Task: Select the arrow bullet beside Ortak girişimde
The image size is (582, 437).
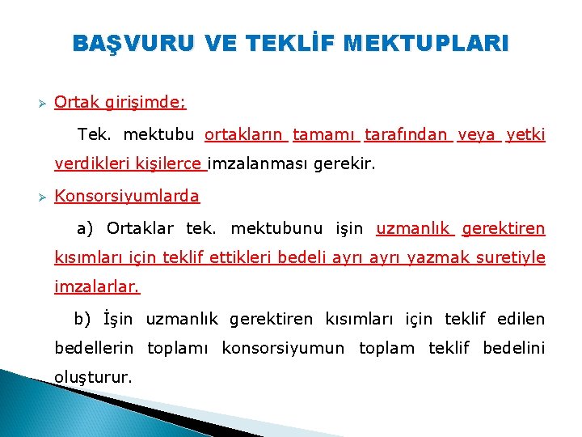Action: tap(37, 103)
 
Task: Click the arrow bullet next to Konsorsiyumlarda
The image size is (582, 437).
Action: tap(37, 197)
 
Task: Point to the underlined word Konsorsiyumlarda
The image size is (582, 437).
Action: tap(127, 196)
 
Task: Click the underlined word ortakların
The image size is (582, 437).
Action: tap(246, 134)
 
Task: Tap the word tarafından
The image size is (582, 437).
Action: tap(407, 134)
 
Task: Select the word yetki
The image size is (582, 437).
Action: tap(525, 134)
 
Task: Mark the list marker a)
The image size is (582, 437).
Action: tap(86, 228)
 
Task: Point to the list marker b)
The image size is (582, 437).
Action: tap(84, 319)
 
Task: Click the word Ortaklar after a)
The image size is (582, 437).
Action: tap(140, 228)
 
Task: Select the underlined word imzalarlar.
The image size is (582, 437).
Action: tap(97, 286)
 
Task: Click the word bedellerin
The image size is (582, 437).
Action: tap(96, 348)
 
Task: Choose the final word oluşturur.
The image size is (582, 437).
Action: tap(93, 377)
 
